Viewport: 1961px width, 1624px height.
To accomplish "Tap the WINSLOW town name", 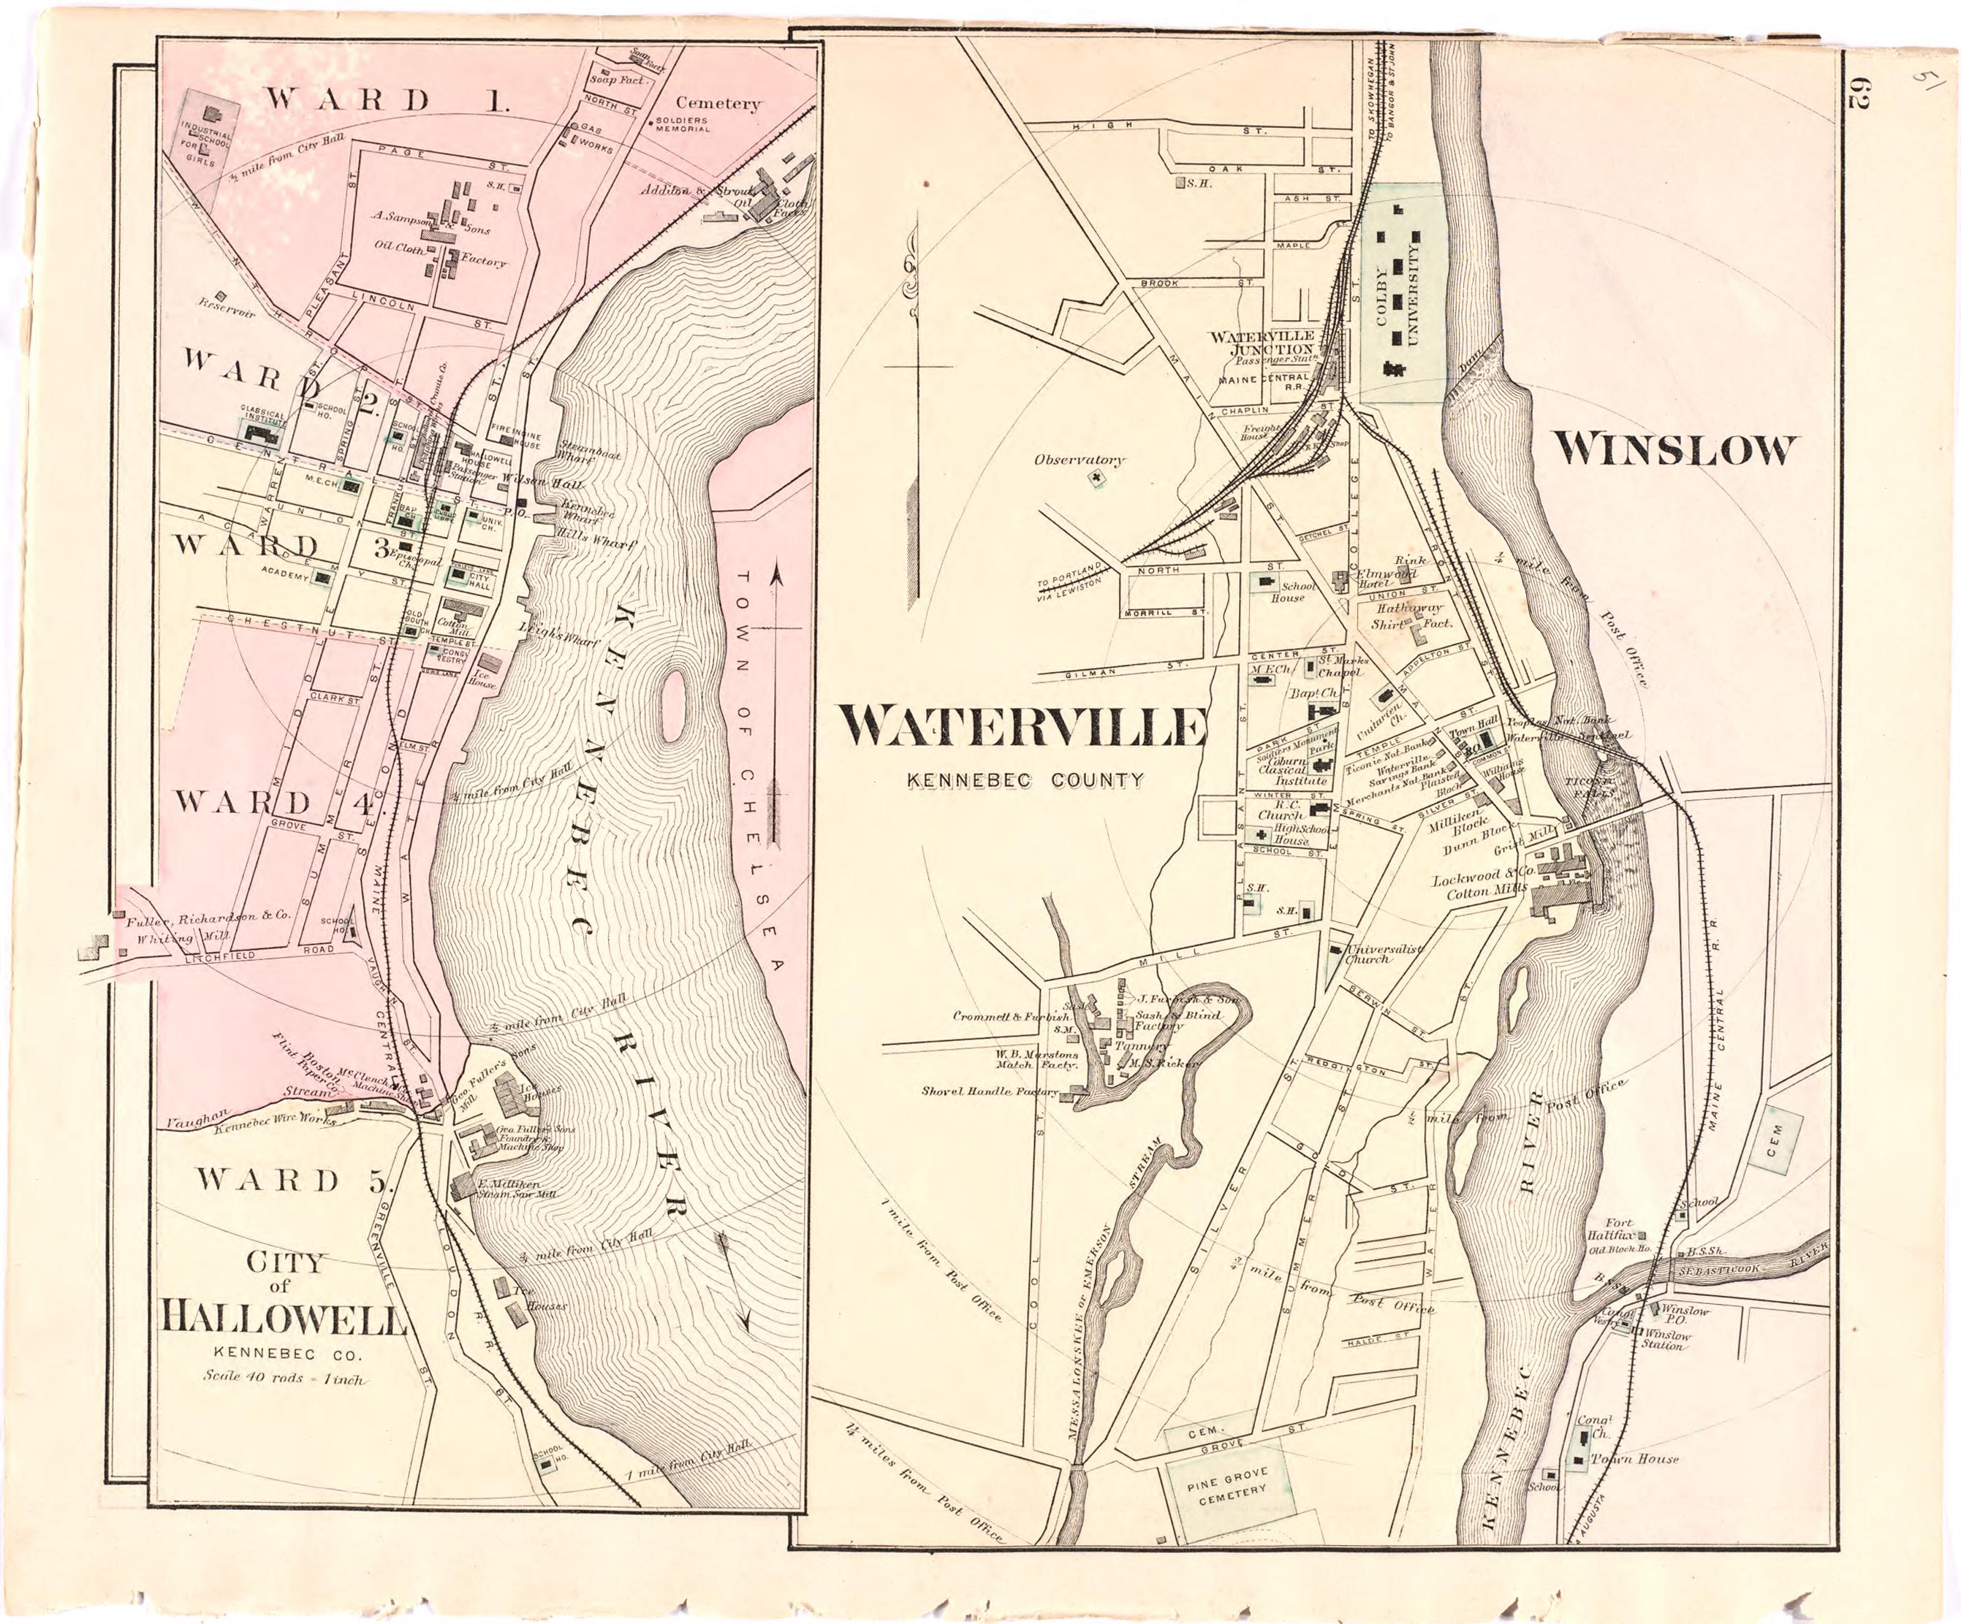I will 1672,451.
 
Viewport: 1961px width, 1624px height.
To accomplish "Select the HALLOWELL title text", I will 285,1319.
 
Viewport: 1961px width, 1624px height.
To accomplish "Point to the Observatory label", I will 1079,460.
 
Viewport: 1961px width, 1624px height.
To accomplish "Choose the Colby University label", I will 1397,304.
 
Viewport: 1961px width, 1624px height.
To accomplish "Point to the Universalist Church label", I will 1382,953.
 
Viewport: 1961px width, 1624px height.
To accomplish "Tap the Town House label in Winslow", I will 1634,1459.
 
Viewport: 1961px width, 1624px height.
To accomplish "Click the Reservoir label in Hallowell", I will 226,306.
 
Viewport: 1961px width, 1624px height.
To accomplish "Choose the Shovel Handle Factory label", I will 990,1091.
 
